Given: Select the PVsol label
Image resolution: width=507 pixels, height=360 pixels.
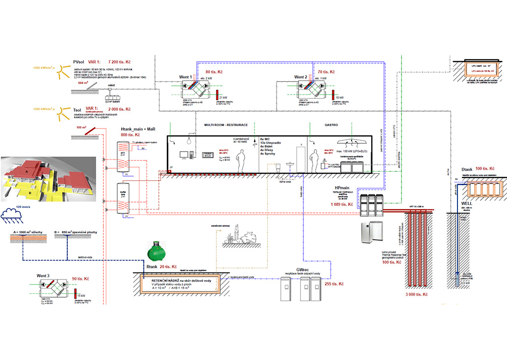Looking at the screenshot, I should point(78,63).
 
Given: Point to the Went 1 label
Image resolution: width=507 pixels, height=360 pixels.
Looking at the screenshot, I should point(182,77).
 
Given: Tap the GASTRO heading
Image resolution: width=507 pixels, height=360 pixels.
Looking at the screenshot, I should point(331,125).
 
